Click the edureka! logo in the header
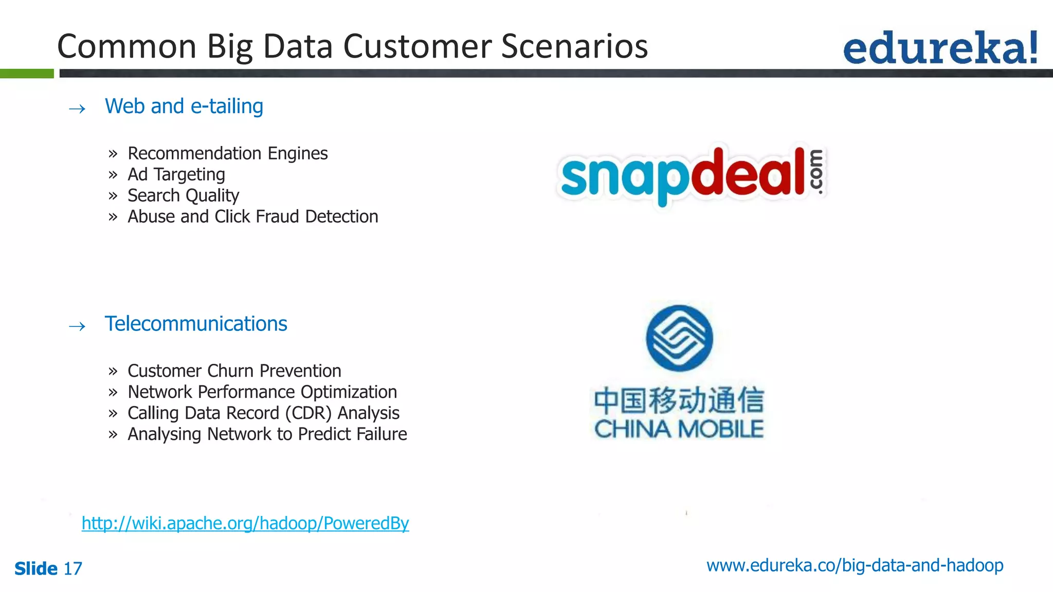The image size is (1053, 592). pyautogui.click(x=940, y=48)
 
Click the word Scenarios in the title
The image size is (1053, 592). pyautogui.click(x=574, y=46)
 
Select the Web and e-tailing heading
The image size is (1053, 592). pyautogui.click(x=184, y=106)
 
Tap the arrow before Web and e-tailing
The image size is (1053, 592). pyautogui.click(x=77, y=108)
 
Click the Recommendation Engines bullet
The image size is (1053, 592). pyautogui.click(x=227, y=153)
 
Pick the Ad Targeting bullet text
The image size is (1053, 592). pyautogui.click(x=176, y=175)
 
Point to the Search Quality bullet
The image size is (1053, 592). pyautogui.click(x=183, y=196)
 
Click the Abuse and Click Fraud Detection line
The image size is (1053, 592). pyautogui.click(x=252, y=217)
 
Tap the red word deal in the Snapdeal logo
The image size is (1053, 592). pyautogui.click(x=748, y=173)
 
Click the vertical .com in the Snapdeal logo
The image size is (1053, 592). pyautogui.click(x=816, y=172)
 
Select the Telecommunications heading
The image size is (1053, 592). pyautogui.click(x=195, y=324)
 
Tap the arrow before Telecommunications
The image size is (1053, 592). pyautogui.click(x=77, y=326)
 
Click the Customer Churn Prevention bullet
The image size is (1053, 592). pyautogui.click(x=234, y=371)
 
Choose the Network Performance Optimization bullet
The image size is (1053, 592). pyautogui.click(x=262, y=392)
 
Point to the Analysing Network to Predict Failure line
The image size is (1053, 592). pyautogui.click(x=267, y=434)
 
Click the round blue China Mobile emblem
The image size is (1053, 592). pyautogui.click(x=679, y=338)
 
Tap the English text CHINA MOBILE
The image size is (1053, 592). pyautogui.click(x=679, y=429)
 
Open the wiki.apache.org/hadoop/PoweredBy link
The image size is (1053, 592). pyautogui.click(x=245, y=523)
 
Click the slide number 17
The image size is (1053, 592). pyautogui.click(x=72, y=568)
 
